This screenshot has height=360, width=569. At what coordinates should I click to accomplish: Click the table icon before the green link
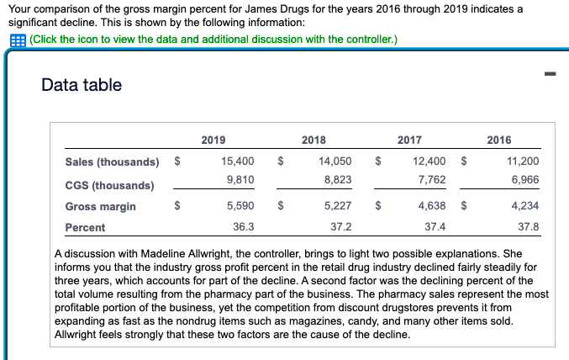coord(15,40)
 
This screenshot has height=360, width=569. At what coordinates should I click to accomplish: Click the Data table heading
coord(82,85)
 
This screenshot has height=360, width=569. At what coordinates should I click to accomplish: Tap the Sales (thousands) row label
coord(112,161)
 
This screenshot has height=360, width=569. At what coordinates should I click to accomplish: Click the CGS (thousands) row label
coord(109,184)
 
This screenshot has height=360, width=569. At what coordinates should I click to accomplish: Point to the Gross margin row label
coord(100,206)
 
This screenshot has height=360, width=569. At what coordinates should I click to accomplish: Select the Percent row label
coord(86,227)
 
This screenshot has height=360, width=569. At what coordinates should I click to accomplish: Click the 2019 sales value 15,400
coord(238,161)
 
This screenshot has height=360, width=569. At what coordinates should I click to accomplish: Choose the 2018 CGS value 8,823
coord(337,179)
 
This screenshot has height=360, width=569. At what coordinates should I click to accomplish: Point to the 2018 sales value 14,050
coord(335,161)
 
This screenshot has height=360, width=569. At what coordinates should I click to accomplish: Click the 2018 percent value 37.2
coord(341,227)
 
